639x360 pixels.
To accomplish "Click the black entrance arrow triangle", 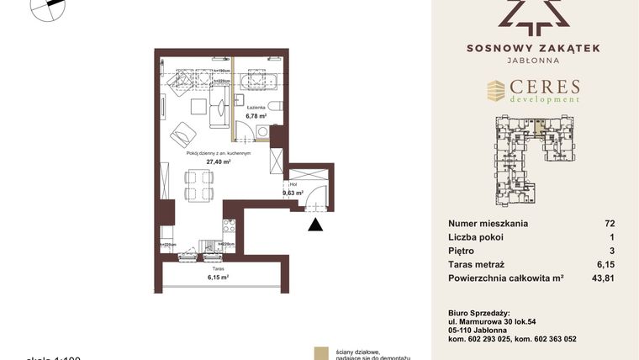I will tap(314, 224).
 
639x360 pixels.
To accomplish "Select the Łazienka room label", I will tap(256, 108).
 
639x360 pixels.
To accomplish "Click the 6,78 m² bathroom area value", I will tap(256, 116).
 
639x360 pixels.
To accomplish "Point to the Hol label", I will tap(293, 184).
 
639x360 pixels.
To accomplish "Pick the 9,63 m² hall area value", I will tap(292, 193).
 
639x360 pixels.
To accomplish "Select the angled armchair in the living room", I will tap(182, 134).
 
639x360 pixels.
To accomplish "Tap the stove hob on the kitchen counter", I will tap(228, 226).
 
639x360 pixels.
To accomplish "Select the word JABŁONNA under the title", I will tap(533, 61).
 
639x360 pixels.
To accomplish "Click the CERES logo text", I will tap(545, 87).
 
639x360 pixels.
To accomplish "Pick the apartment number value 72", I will tap(610, 224).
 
